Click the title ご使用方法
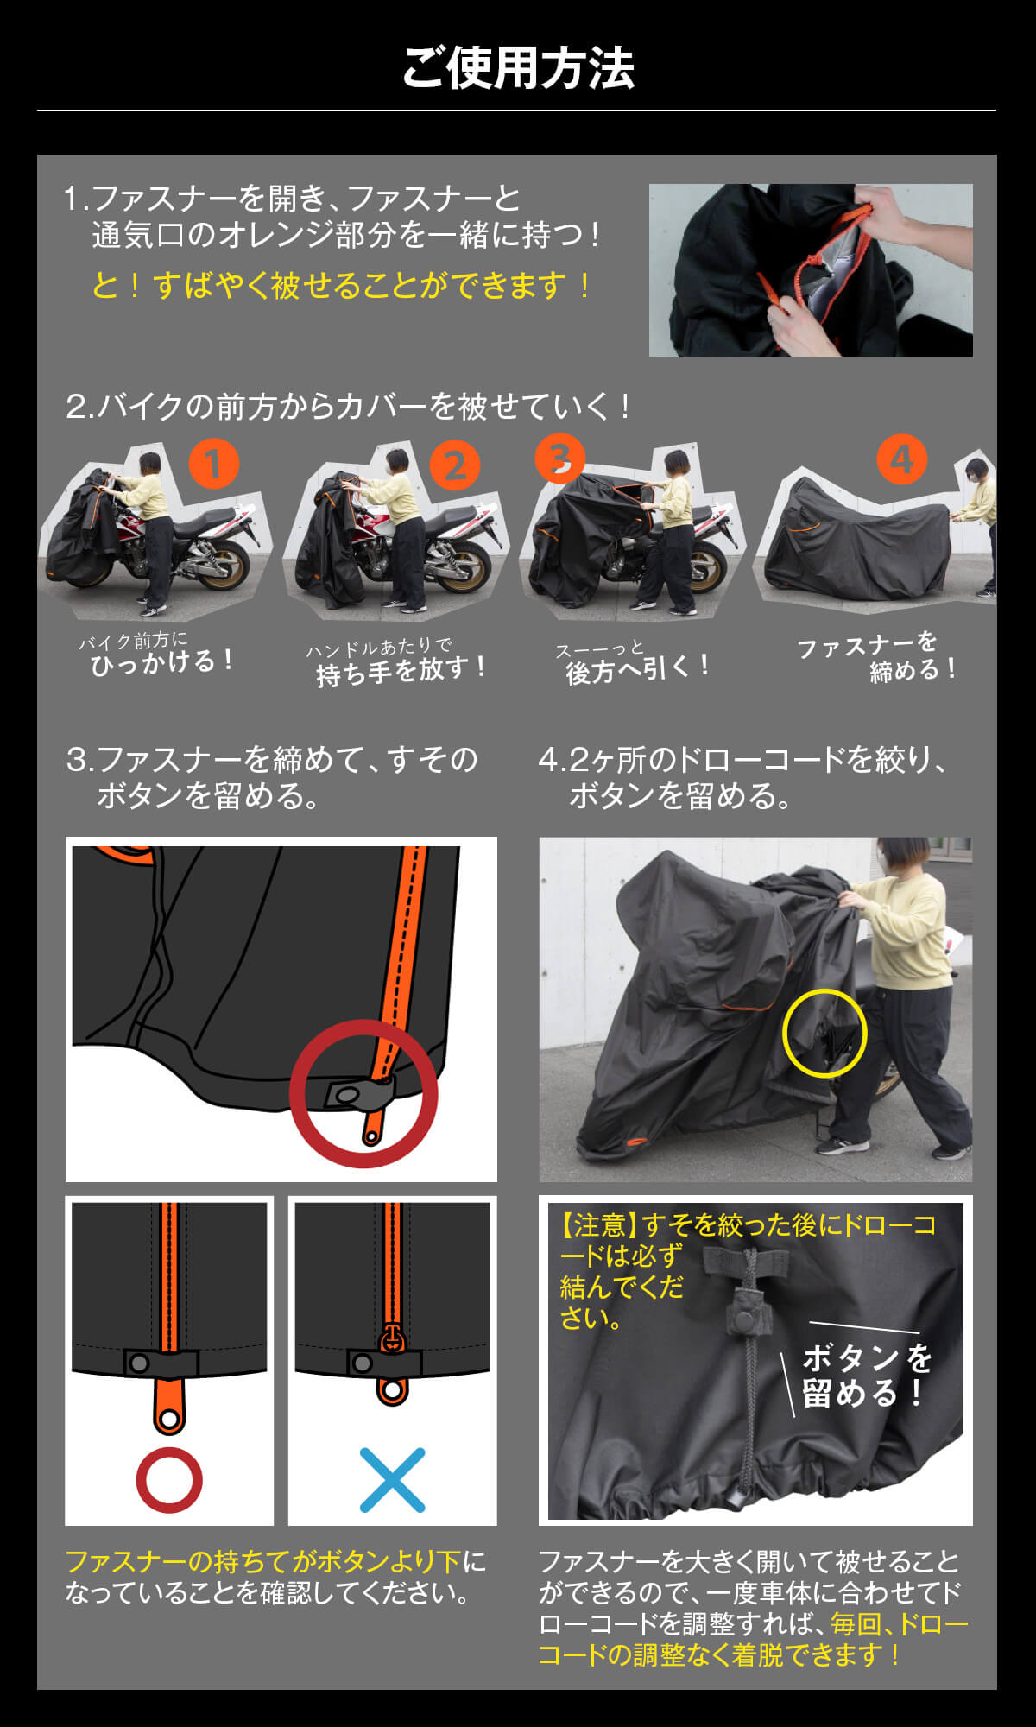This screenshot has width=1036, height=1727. (518, 68)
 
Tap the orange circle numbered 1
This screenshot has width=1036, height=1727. (213, 464)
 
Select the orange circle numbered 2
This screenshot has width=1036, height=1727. (455, 465)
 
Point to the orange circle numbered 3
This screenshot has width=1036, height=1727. (559, 458)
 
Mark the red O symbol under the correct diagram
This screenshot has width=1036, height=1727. (169, 1480)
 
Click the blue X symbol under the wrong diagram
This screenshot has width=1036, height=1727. (392, 1480)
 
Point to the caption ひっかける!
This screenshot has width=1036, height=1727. (162, 662)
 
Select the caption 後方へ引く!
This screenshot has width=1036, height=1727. (638, 668)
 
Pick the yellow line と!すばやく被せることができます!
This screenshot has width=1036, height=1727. (343, 285)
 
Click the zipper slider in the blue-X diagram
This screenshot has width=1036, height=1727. (391, 1338)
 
